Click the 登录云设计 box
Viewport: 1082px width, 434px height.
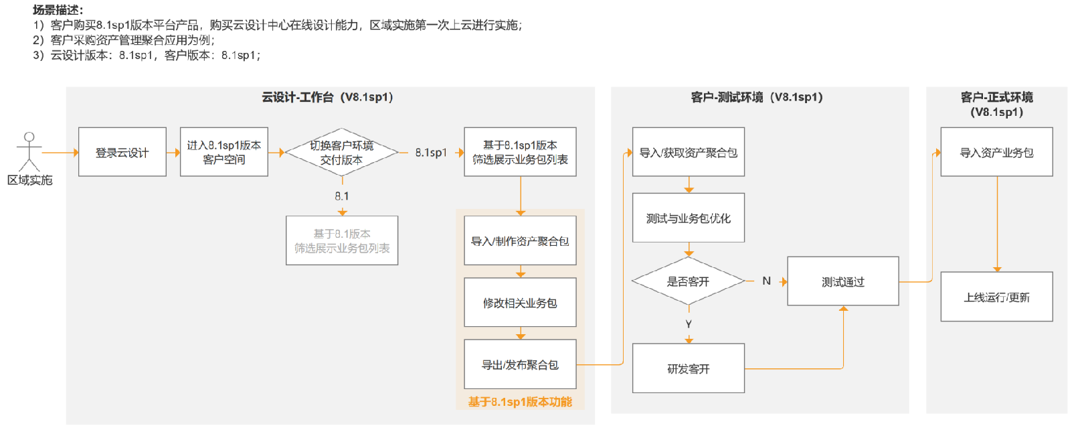coord(122,152)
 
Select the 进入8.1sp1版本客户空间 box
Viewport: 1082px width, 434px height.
coord(224,152)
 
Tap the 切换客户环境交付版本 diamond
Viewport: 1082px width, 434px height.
coord(341,152)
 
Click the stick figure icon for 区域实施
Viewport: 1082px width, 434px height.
coord(29,151)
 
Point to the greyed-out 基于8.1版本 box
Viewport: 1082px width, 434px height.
coord(342,240)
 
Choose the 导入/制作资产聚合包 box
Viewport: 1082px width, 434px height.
coord(520,240)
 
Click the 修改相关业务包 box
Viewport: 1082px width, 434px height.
coord(520,302)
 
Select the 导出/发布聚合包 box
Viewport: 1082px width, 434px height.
coord(520,364)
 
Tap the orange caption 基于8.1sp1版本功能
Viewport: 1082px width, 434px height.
coord(520,402)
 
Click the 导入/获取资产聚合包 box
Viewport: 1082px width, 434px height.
coord(689,152)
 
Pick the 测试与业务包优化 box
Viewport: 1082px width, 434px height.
coord(689,218)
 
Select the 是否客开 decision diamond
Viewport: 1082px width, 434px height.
coord(689,281)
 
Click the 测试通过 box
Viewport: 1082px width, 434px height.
coord(843,281)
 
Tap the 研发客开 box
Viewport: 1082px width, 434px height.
coord(689,368)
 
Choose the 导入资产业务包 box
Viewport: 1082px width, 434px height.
coord(996,152)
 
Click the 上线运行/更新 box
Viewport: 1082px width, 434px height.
coord(996,296)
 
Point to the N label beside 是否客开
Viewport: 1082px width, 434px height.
coord(767,281)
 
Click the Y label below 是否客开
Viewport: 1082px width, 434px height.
coord(689,323)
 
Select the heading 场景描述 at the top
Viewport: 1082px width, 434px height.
coord(58,9)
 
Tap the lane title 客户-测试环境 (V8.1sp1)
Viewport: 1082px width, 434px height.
coord(757,97)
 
